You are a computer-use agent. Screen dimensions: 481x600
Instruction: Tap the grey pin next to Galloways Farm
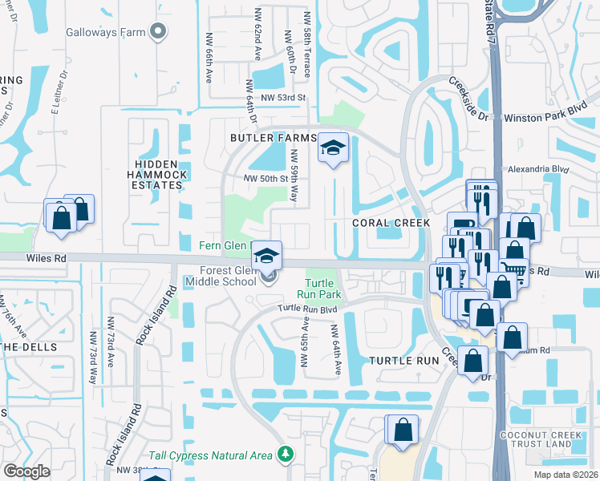point(158,31)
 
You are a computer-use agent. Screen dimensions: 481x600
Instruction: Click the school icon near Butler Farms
point(333,148)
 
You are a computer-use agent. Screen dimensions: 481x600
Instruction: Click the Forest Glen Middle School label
point(221,276)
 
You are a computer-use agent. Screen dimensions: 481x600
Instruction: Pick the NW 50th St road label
point(266,178)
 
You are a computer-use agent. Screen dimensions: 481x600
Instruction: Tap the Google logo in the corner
point(26,471)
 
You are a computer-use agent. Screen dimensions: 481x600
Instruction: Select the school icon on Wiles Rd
point(267,257)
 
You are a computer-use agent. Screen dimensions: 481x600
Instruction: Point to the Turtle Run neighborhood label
point(406,361)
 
